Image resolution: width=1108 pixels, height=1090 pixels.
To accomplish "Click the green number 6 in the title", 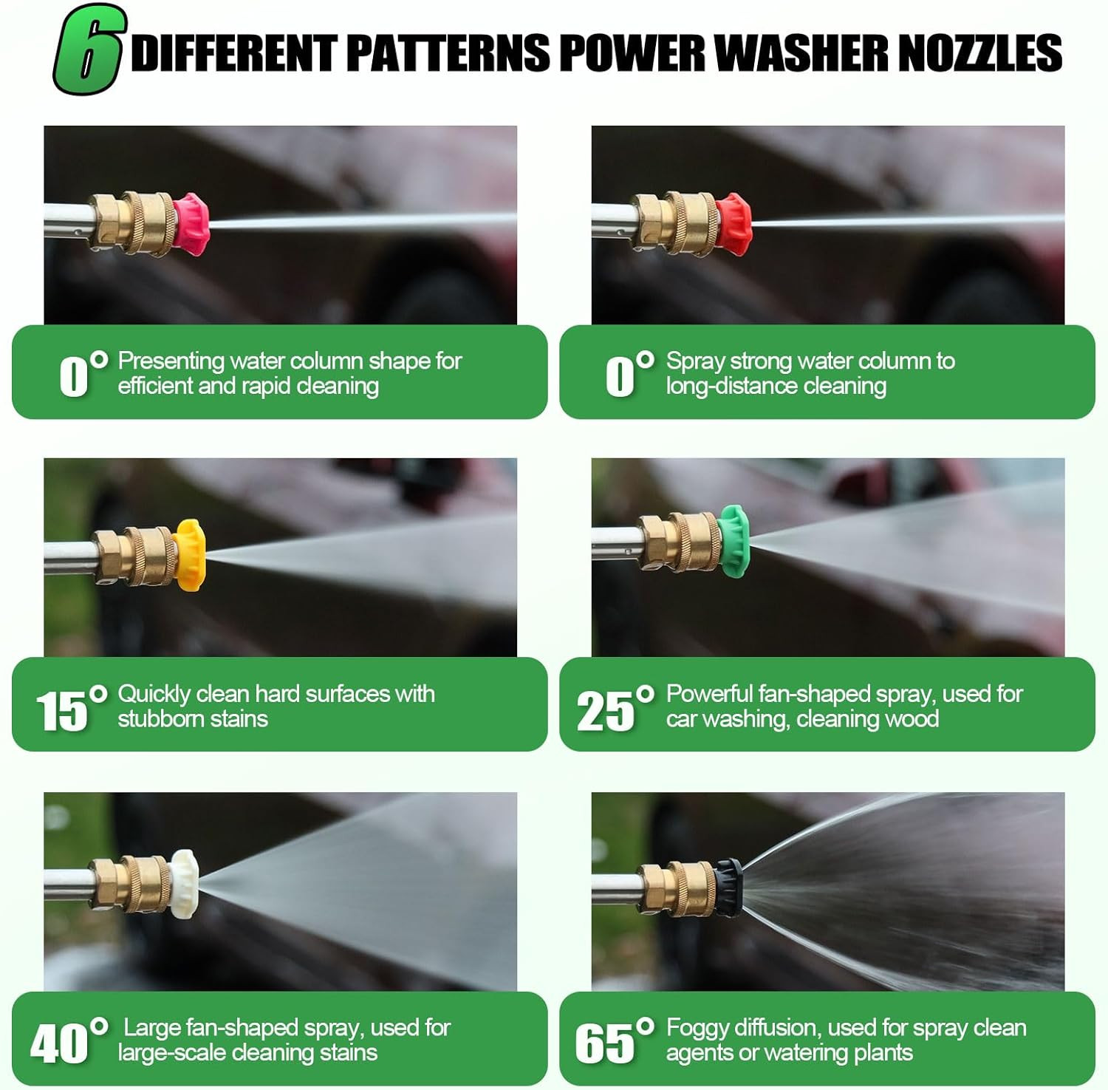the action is click(88, 50).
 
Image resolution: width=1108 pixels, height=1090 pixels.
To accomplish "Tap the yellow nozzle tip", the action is click(189, 555).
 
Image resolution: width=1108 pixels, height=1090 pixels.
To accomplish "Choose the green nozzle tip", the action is click(733, 541).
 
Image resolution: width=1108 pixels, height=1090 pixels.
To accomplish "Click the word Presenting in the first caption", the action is click(171, 361).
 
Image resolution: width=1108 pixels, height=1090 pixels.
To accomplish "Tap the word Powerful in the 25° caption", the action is click(708, 694).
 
